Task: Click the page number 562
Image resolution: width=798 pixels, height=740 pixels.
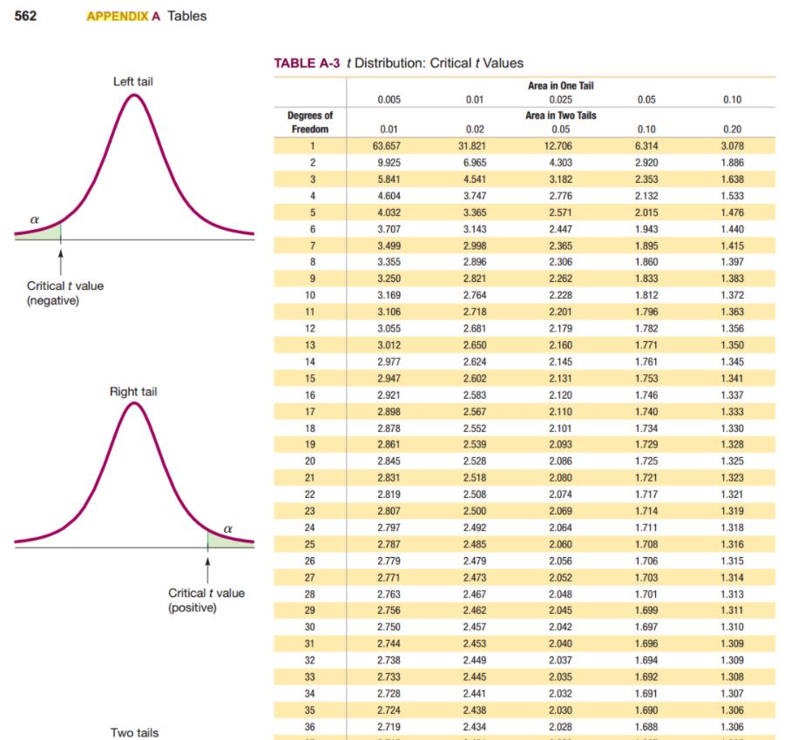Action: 25,16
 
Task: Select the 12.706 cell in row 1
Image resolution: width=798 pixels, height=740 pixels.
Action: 561,146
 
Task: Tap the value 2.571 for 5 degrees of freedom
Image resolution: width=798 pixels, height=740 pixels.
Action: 561,212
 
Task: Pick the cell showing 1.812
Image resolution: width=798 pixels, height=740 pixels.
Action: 646,295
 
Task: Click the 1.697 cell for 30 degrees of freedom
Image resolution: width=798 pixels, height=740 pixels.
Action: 646,627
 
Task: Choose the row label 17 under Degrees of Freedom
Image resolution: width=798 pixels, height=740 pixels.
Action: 309,412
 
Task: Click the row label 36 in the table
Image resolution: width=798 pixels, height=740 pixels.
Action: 309,726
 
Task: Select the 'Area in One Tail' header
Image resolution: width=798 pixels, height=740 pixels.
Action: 561,85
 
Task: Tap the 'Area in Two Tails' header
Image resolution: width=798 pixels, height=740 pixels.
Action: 561,115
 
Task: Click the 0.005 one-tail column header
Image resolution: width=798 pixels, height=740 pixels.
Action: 389,99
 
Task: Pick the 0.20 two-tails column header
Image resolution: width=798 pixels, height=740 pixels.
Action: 732,130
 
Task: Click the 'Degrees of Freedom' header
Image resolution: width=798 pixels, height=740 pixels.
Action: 310,122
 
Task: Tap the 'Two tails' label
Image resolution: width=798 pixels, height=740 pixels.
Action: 134,733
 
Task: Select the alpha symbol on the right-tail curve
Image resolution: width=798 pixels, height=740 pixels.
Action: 228,528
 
